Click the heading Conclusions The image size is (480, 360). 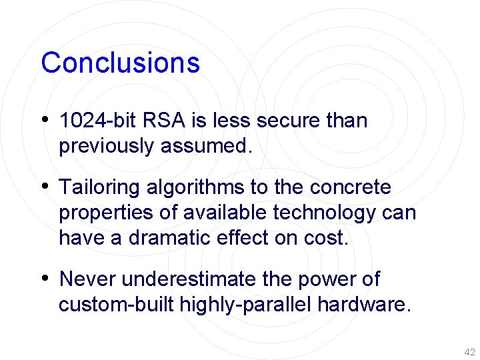coord(120,63)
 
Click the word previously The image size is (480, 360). coord(107,147)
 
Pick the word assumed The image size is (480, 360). coord(207,147)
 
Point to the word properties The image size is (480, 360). coord(106,213)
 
